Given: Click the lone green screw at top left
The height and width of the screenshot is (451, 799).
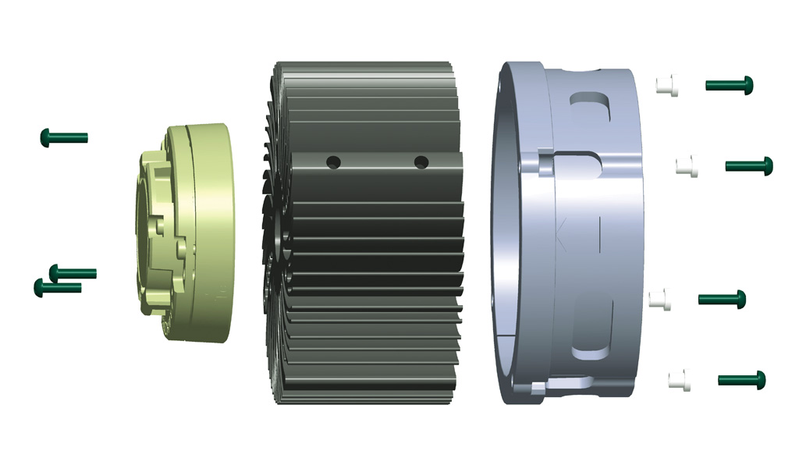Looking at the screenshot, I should click(x=63, y=138).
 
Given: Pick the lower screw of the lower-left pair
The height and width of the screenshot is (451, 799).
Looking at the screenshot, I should click(x=58, y=288).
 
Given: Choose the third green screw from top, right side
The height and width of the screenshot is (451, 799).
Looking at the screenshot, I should click(x=723, y=298).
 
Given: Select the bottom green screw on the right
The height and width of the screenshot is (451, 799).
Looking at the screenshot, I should click(x=742, y=380).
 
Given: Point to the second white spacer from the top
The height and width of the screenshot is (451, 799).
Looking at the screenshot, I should click(x=687, y=166).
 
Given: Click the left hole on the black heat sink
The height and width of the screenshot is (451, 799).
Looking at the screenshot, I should click(x=333, y=162).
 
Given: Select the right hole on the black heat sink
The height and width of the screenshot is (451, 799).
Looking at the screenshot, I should click(x=421, y=162).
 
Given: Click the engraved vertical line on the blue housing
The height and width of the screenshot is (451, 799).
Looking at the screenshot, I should click(x=599, y=235).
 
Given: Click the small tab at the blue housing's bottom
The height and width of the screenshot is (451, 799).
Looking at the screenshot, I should click(x=538, y=387).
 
